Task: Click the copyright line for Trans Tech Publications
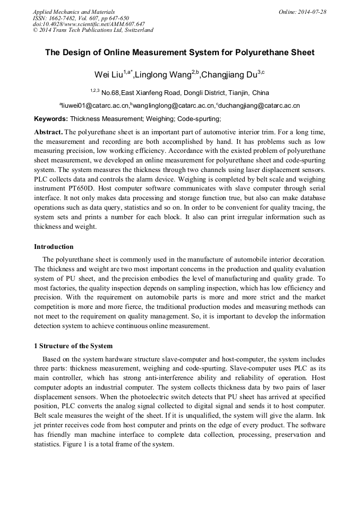93,30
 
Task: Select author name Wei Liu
108,74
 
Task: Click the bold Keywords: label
51,119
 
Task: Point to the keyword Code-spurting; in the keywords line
199,119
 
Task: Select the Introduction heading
54,246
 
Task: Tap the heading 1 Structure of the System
73,346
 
